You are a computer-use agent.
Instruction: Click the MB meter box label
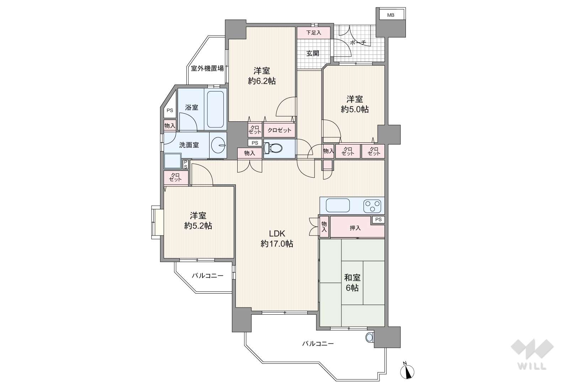(391, 15)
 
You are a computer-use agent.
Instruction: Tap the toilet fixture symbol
(273, 148)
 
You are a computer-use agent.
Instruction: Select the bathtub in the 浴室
(216, 109)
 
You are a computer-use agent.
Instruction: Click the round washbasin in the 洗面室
(218, 145)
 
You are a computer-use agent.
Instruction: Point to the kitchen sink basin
(338, 205)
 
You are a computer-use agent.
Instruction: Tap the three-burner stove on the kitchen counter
(372, 206)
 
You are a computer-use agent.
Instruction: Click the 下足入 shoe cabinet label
(313, 33)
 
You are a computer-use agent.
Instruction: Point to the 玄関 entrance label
(313, 53)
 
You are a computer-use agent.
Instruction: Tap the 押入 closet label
(355, 228)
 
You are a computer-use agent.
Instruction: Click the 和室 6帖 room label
(352, 283)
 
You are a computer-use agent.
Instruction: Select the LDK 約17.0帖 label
(277, 238)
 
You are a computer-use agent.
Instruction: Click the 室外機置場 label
(207, 68)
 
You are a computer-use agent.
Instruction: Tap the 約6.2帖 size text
(262, 81)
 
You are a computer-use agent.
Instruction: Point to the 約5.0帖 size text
(355, 109)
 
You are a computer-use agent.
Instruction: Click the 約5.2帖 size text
(198, 226)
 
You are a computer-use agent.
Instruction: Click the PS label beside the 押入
(378, 220)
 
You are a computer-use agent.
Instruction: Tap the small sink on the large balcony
(369, 338)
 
